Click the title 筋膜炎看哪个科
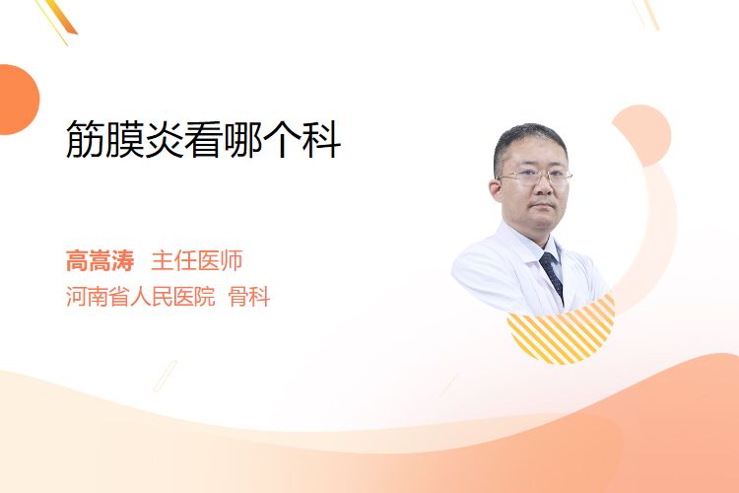[203, 139]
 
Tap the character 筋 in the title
[85, 139]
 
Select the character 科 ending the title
[321, 139]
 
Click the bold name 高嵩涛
[100, 260]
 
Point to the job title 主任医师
[197, 260]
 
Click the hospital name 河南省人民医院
[141, 297]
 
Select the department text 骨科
[249, 297]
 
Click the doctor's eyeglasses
[534, 177]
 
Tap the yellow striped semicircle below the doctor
[562, 332]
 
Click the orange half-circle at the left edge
[18, 100]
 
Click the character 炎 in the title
[164, 139]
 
